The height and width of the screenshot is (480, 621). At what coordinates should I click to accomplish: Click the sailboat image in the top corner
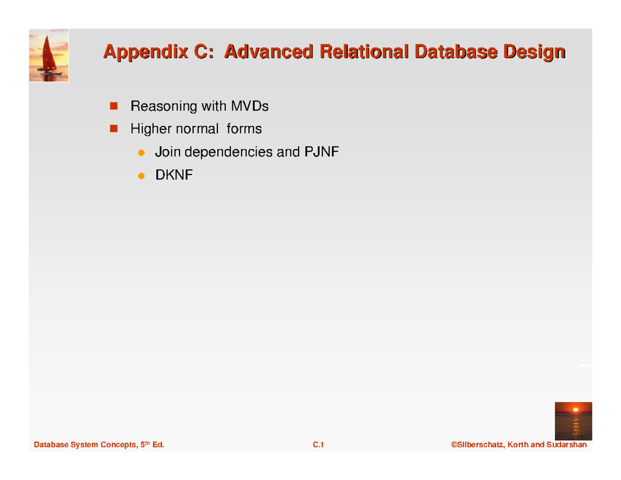[49, 55]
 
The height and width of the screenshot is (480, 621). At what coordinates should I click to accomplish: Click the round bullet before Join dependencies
[140, 153]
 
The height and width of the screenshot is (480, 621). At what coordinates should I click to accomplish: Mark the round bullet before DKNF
[140, 177]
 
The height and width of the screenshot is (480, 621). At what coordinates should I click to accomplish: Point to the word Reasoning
[161, 107]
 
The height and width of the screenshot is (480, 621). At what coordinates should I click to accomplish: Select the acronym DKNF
[174, 176]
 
